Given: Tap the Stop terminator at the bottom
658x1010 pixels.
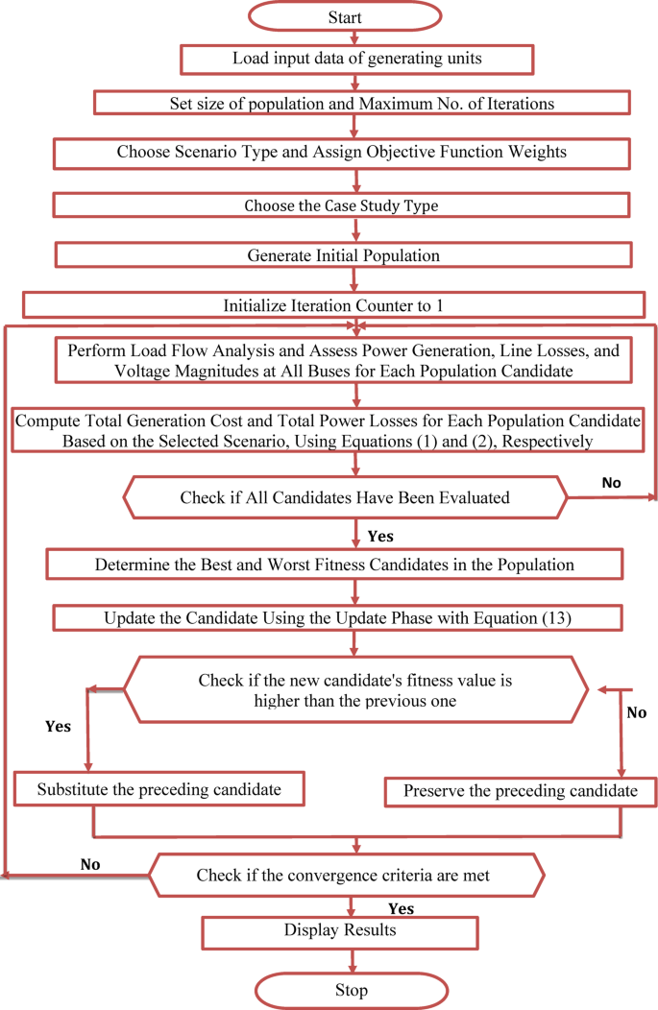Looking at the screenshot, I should [x=352, y=990].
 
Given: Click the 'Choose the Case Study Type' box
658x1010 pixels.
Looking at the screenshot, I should [x=341, y=205].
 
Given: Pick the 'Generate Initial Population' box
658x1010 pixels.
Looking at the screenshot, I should [x=343, y=256].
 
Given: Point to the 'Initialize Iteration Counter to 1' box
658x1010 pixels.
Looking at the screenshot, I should [x=333, y=305].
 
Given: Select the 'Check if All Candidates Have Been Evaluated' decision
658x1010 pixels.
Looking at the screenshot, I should [x=345, y=497].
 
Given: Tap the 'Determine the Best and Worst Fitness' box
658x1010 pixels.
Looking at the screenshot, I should [x=334, y=565].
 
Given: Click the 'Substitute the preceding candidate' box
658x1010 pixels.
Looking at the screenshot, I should [x=159, y=790].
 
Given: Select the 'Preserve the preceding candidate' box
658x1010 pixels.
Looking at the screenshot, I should [x=521, y=791].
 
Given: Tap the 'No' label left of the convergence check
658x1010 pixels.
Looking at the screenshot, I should [x=90, y=864].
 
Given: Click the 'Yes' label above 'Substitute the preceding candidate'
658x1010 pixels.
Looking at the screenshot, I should [x=58, y=727].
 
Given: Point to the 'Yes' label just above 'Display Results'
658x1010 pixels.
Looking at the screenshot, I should [x=401, y=907].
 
